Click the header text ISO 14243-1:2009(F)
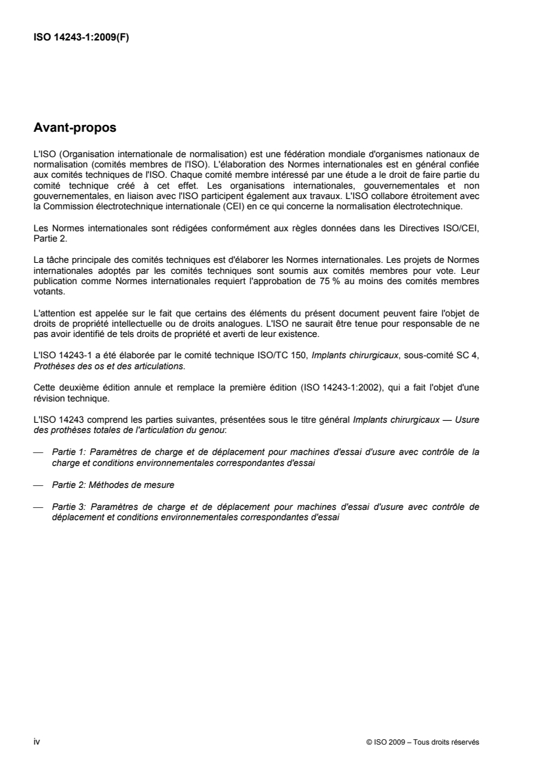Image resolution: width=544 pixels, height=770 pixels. click(82, 38)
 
